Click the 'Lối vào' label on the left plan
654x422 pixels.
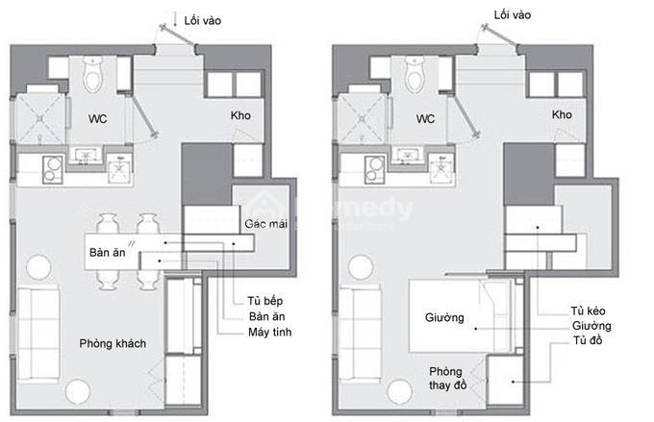click(203, 20)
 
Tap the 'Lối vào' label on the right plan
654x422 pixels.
click(513, 15)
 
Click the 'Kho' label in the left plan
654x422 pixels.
click(240, 115)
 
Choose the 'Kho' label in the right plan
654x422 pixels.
click(562, 114)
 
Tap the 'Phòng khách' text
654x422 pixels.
click(113, 343)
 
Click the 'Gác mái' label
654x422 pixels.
click(266, 224)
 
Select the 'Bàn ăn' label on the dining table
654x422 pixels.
click(107, 252)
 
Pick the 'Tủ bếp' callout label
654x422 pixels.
click(264, 301)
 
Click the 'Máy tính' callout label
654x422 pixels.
click(270, 332)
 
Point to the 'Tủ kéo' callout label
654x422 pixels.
click(588, 310)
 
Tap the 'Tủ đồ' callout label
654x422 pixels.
click(588, 340)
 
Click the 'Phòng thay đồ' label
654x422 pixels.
click(447, 378)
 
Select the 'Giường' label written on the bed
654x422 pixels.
click(444, 318)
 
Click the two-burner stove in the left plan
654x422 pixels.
click(53, 170)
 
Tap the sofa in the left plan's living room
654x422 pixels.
click(38, 334)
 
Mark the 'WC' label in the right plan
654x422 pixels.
click(425, 119)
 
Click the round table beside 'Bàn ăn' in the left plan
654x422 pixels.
click(38, 267)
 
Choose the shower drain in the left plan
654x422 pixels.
click(39, 119)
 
